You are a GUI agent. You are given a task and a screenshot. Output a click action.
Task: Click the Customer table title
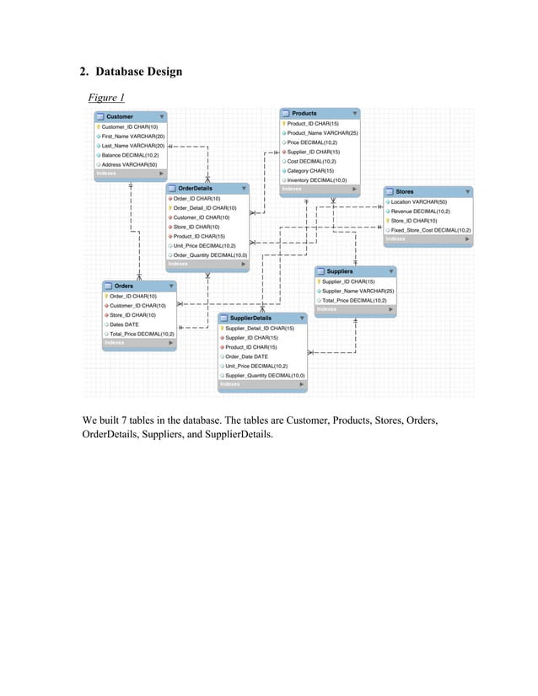tap(119, 116)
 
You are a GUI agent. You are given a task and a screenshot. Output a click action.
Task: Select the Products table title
tap(304, 113)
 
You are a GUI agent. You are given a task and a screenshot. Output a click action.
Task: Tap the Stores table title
tap(405, 191)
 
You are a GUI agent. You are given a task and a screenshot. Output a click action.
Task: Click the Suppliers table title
tap(339, 271)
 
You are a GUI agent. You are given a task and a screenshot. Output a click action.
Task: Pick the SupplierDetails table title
tap(250, 318)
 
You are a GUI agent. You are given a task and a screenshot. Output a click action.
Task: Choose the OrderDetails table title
tap(195, 188)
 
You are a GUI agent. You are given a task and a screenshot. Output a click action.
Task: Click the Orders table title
tap(123, 286)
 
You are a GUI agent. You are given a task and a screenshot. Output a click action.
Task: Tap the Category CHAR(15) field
tap(309, 170)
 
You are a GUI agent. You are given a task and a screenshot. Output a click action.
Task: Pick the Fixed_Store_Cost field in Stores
tap(430, 229)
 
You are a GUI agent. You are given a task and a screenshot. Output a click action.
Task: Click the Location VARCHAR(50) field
tap(418, 202)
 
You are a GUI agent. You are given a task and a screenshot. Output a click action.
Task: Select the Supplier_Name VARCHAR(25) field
tap(358, 291)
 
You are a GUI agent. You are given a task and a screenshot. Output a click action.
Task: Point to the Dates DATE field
tap(124, 324)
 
